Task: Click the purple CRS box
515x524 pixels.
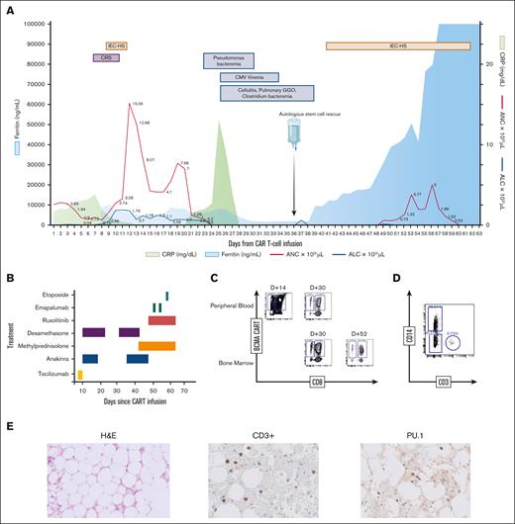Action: (x=106, y=58)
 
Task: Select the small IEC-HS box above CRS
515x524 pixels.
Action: (x=117, y=46)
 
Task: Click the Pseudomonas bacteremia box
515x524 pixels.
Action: (x=229, y=61)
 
